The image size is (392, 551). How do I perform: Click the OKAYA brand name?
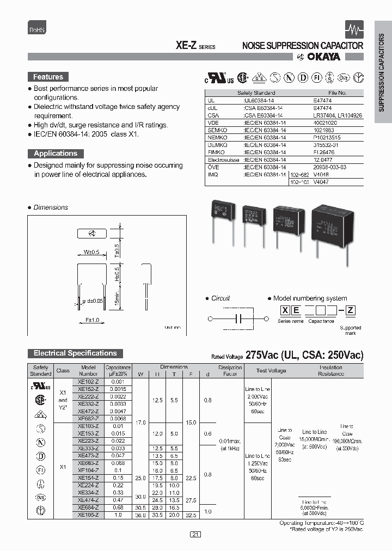pos(323,57)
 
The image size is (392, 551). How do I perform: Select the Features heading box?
pos(48,77)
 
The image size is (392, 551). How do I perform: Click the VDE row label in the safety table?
pos(212,124)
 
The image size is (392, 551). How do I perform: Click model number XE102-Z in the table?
pos(88,382)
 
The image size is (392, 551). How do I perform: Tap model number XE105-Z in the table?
pos(88,514)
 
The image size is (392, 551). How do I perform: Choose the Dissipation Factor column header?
pos(230,370)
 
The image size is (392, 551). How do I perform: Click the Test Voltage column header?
pos(272,370)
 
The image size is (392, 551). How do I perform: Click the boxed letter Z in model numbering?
pos(351,311)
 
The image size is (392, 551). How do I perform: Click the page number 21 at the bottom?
pos(195,535)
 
